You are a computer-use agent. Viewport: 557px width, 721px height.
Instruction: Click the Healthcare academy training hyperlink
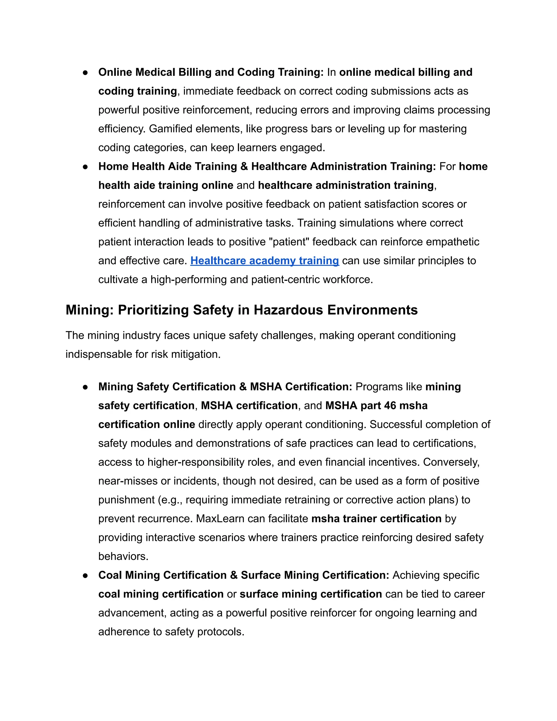264,261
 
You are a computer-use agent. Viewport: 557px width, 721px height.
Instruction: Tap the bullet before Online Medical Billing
85,72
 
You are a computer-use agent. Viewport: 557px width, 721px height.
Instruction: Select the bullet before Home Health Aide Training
85,167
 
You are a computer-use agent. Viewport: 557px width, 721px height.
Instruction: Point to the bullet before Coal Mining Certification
85,575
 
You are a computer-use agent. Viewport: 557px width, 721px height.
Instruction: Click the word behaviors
123,556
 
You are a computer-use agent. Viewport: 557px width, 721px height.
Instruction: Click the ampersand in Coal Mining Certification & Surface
234,575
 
